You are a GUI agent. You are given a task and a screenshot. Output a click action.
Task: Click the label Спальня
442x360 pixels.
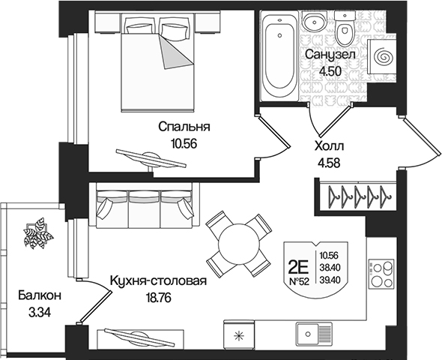click(x=184, y=127)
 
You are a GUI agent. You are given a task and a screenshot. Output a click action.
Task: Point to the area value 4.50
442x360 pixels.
click(x=329, y=72)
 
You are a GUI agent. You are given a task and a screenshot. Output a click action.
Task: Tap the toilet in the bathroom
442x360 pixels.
click(x=345, y=31)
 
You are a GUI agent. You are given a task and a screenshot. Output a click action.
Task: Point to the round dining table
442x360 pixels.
click(x=237, y=243)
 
